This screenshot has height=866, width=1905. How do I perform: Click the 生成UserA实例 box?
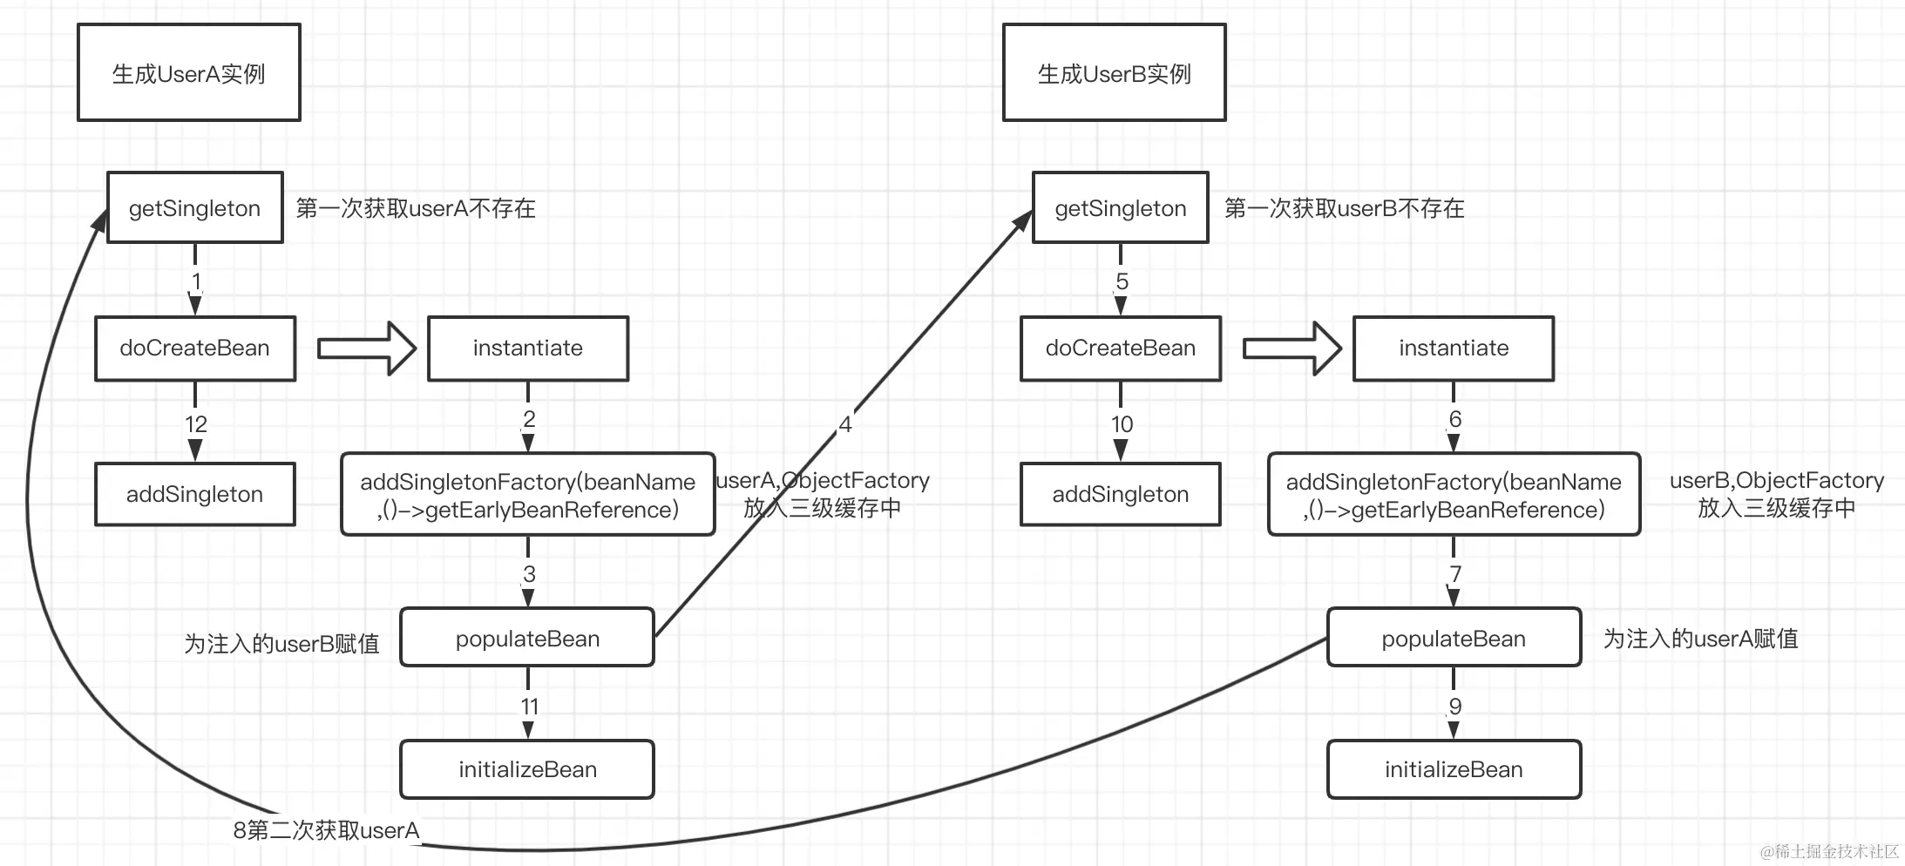[188, 72]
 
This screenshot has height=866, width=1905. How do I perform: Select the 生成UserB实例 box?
[1114, 72]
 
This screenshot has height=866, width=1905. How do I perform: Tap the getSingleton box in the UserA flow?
[194, 208]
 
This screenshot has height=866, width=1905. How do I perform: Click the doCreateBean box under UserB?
[1120, 348]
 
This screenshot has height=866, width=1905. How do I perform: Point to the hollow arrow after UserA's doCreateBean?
[366, 348]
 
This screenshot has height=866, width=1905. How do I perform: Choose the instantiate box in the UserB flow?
[1453, 348]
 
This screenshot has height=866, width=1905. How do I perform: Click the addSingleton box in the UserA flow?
[194, 494]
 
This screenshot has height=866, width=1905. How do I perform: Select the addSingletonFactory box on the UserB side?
[1453, 495]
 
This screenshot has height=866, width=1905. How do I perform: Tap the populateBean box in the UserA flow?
[527, 639]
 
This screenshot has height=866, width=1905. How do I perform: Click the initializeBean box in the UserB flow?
[1453, 769]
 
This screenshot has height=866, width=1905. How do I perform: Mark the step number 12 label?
[195, 424]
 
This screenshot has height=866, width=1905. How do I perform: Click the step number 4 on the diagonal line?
[844, 424]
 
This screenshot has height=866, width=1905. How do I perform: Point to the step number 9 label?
[1454, 707]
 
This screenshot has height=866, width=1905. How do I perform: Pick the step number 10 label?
[1122, 424]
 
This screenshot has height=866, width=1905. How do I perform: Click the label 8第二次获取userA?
[326, 830]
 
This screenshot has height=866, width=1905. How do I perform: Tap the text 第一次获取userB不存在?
[1344, 208]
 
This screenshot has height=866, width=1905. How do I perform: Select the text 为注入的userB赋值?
[281, 644]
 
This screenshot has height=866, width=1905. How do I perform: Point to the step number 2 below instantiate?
[529, 419]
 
